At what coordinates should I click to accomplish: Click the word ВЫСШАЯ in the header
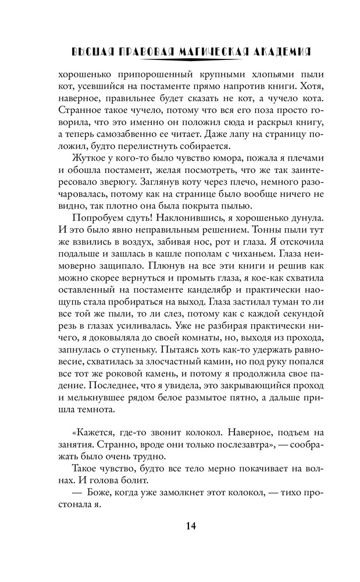88,51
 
